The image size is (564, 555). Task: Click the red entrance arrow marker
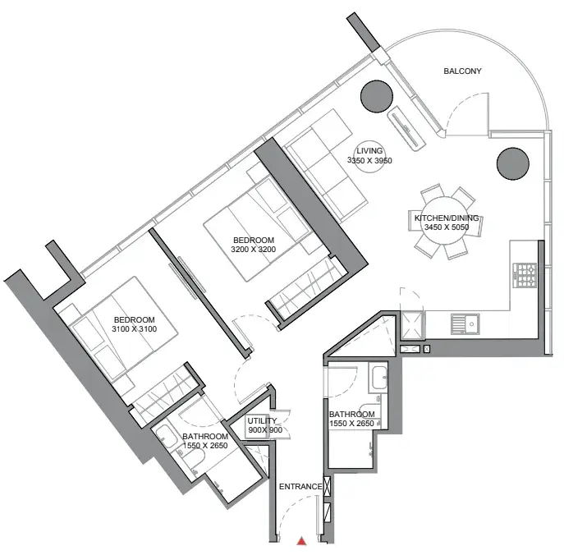[x=301, y=541]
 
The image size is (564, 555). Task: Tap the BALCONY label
[x=462, y=71]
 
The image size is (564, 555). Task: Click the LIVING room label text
[x=369, y=151]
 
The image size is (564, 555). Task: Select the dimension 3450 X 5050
[x=447, y=227]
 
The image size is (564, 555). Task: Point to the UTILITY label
[x=262, y=420]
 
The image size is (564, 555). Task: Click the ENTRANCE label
[x=300, y=487]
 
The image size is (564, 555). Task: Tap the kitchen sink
[x=465, y=323]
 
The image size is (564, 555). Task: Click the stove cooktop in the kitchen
[x=525, y=275]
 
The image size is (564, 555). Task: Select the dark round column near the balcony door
[x=377, y=96]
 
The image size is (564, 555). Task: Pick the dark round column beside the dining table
[x=512, y=163]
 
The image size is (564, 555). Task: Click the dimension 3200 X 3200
[x=253, y=250]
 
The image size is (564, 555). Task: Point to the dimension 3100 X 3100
[x=134, y=328]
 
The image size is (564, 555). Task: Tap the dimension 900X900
[x=265, y=430]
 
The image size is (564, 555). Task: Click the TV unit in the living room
[x=405, y=128]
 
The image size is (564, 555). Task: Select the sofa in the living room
[x=325, y=166]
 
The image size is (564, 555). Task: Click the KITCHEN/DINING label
[x=447, y=218]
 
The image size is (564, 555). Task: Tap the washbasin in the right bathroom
[x=378, y=378]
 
